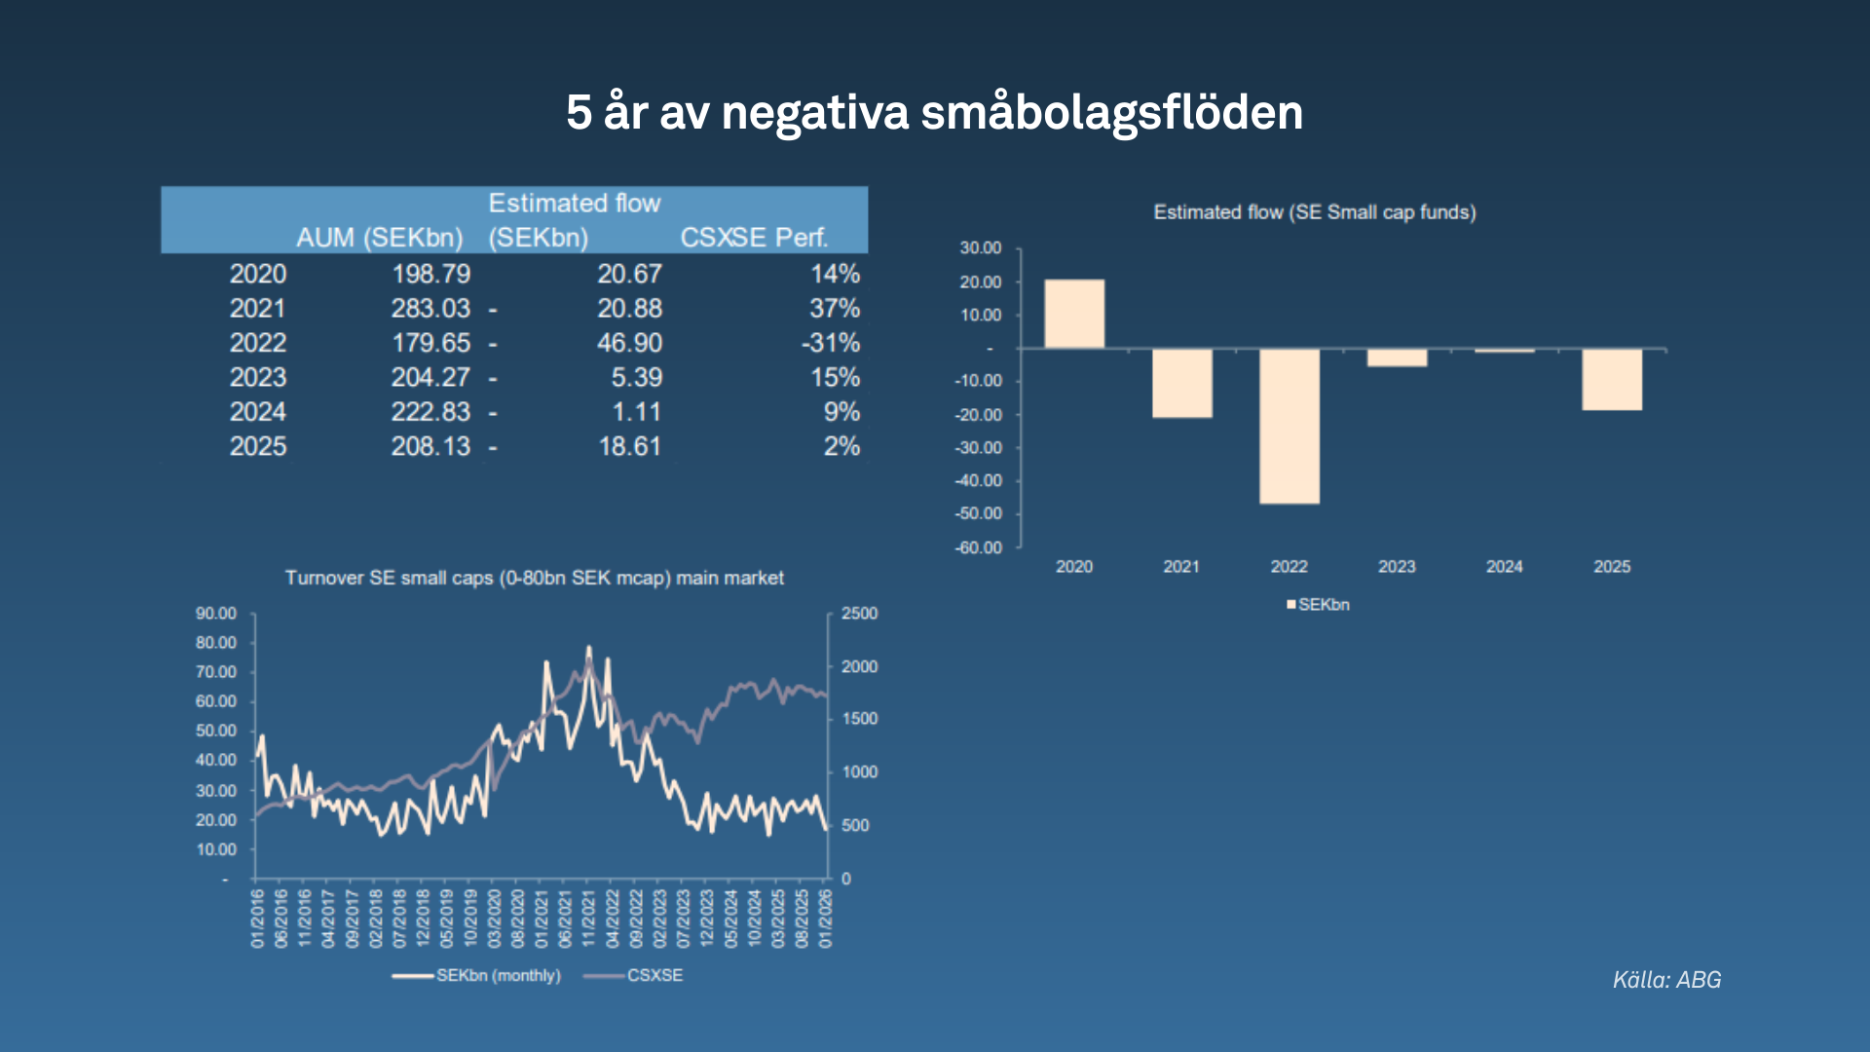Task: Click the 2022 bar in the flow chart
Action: pos(1289,426)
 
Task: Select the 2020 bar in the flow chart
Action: pos(1074,314)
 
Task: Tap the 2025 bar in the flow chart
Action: pos(1611,379)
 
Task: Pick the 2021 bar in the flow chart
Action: pos(1181,383)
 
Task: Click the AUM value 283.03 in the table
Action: pos(430,309)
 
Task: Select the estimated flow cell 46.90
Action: pos(629,343)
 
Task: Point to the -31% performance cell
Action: pos(831,343)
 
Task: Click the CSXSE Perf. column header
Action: pos(754,238)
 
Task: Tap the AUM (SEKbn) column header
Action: pos(379,238)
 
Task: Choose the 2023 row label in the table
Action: pos(258,378)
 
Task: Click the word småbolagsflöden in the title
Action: pos(1111,112)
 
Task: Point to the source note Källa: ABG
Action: pos(1666,980)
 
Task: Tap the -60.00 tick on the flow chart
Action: pos(978,547)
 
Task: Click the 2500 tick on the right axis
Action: pos(859,614)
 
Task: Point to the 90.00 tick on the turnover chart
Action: pos(216,614)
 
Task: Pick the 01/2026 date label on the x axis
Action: pos(826,918)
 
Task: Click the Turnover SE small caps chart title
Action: pos(534,578)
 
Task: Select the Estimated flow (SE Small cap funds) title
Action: pos(1314,212)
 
